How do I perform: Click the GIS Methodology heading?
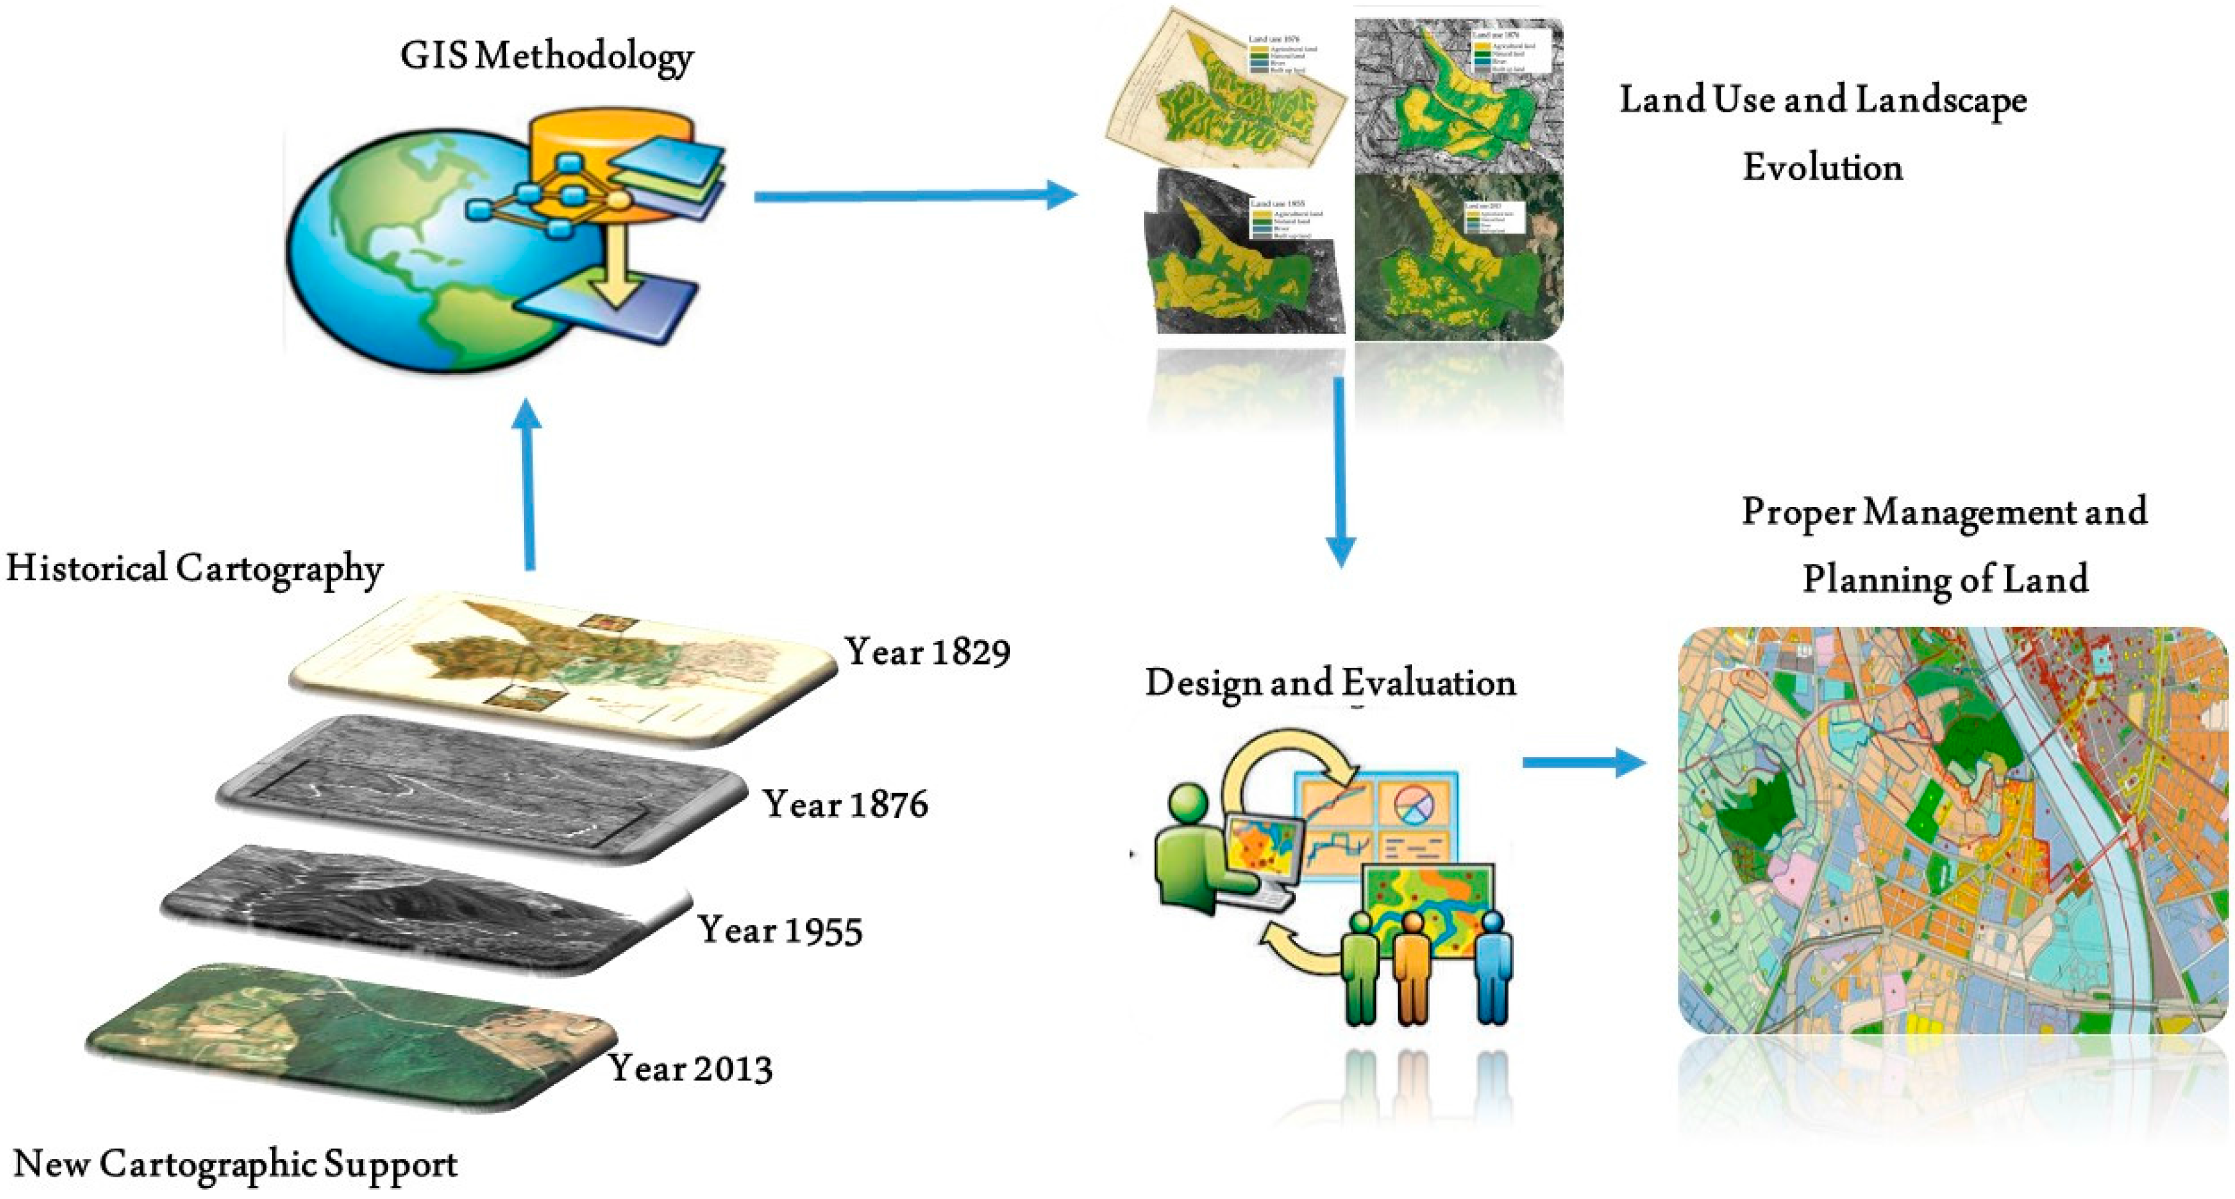tap(547, 57)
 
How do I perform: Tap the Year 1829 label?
tap(927, 652)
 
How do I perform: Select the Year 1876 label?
tap(845, 804)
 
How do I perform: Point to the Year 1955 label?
tap(780, 931)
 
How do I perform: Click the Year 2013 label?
tap(690, 1068)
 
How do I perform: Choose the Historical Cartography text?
tap(194, 570)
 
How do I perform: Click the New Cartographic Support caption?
tap(235, 1164)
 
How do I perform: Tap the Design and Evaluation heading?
tap(1330, 683)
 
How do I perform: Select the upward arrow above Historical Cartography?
tap(528, 486)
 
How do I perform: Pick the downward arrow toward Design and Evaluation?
tap(1341, 469)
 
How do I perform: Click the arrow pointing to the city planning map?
tap(1583, 763)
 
